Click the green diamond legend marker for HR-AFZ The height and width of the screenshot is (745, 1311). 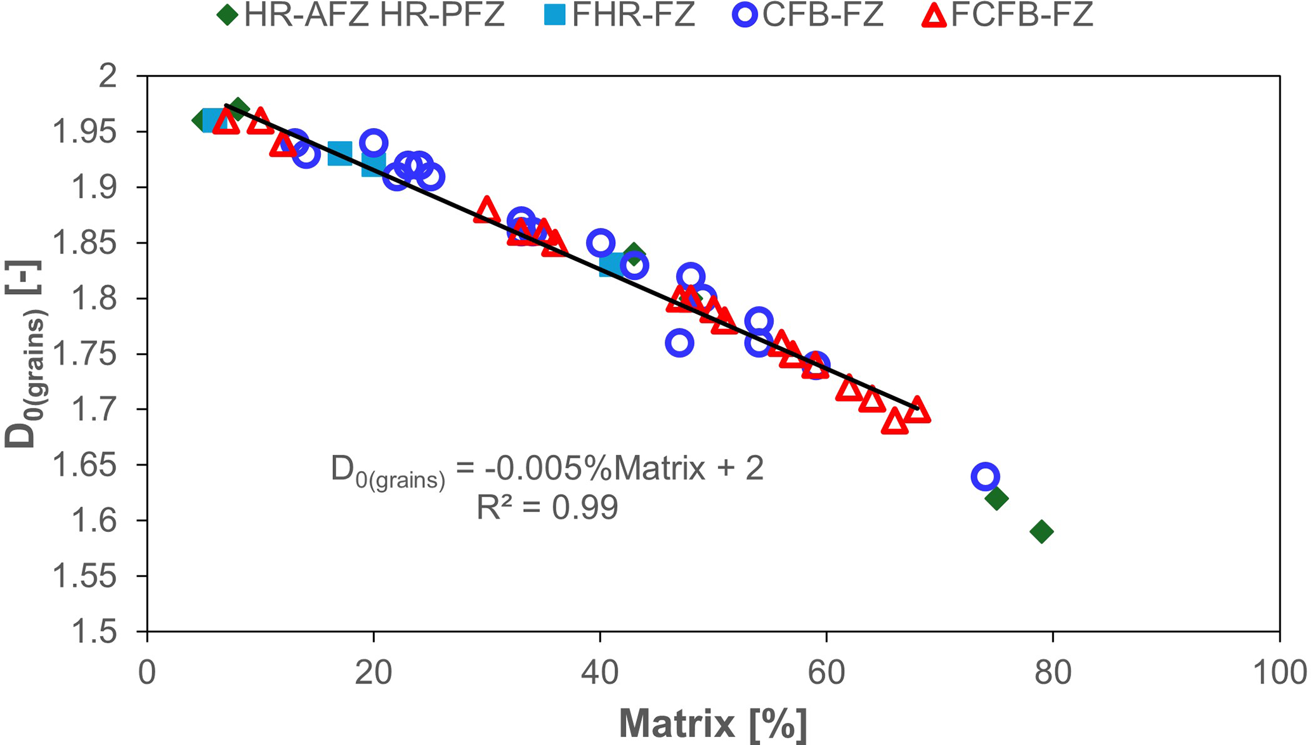tap(227, 15)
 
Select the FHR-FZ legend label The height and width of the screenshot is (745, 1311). tap(633, 15)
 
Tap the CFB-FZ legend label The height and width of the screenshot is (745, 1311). tap(823, 15)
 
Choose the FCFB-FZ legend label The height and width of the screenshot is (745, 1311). tap(1022, 15)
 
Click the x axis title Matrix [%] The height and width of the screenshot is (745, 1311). tap(713, 723)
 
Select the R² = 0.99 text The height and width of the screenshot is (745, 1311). tap(547, 508)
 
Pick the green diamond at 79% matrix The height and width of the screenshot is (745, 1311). tap(1041, 531)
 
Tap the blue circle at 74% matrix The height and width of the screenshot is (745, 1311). tap(985, 476)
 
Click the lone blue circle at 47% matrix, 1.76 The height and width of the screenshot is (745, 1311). tap(679, 343)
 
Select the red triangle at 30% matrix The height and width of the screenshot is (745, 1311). tap(486, 211)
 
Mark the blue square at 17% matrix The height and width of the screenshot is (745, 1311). tap(340, 153)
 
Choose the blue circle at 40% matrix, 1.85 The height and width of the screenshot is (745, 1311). tap(600, 242)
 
